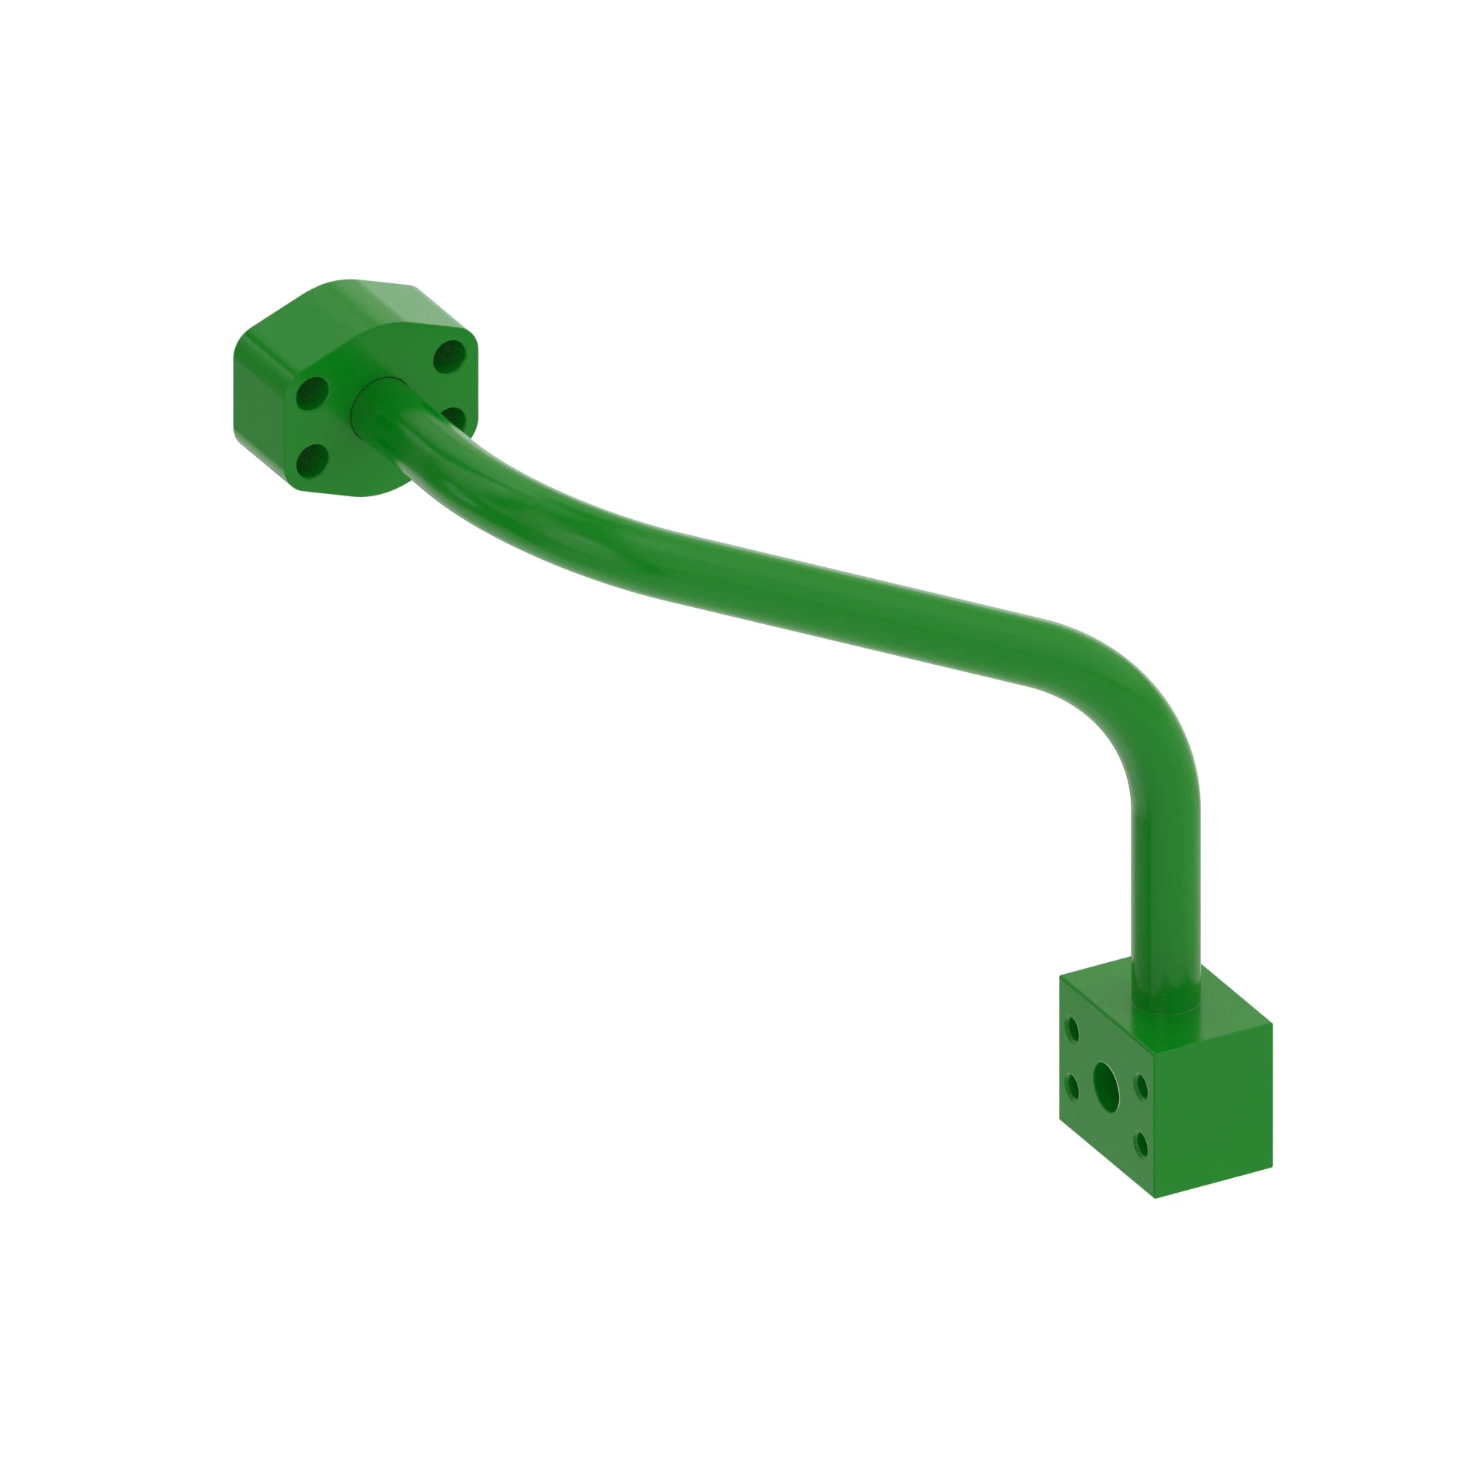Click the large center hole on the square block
(x=1106, y=1080)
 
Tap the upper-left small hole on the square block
(x=1072, y=1029)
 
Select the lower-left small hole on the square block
(x=1072, y=1086)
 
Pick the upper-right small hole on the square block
(x=1141, y=1087)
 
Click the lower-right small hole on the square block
(x=1143, y=1145)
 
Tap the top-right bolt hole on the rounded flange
(x=450, y=356)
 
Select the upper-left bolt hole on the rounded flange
(x=312, y=393)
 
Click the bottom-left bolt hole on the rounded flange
(x=311, y=460)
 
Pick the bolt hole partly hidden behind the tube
(x=454, y=416)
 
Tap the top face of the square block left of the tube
(x=1103, y=984)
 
